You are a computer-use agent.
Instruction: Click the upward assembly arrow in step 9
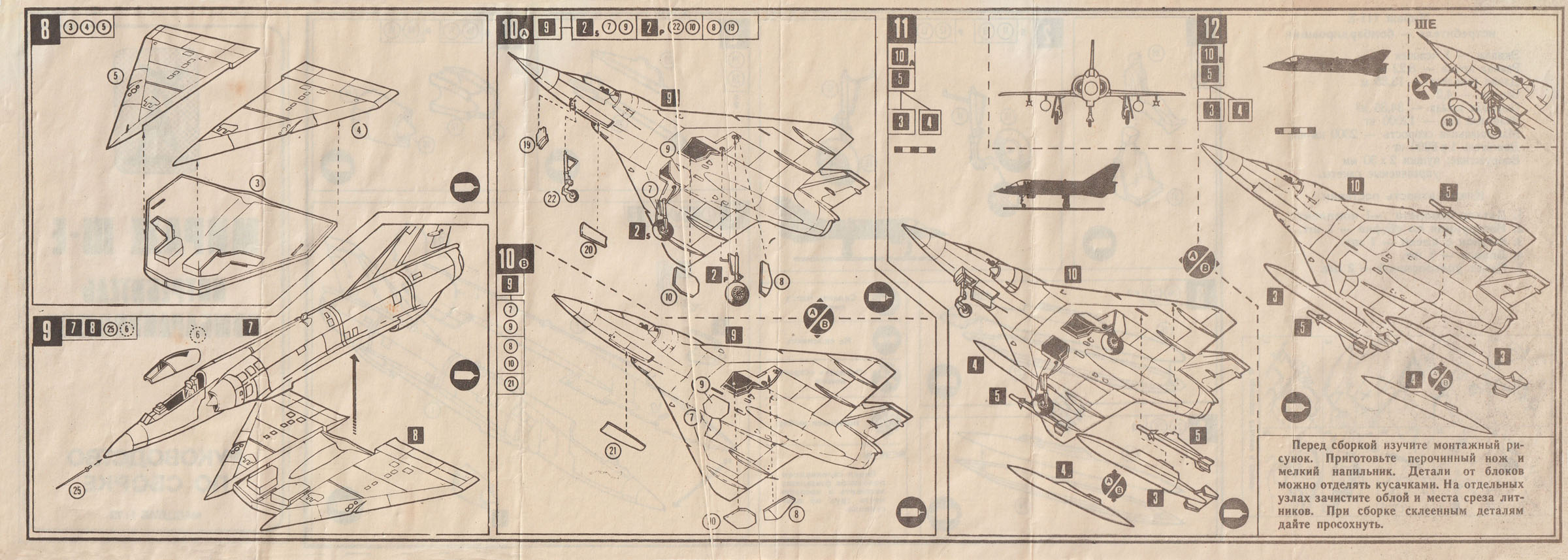pyautogui.click(x=355, y=392)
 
